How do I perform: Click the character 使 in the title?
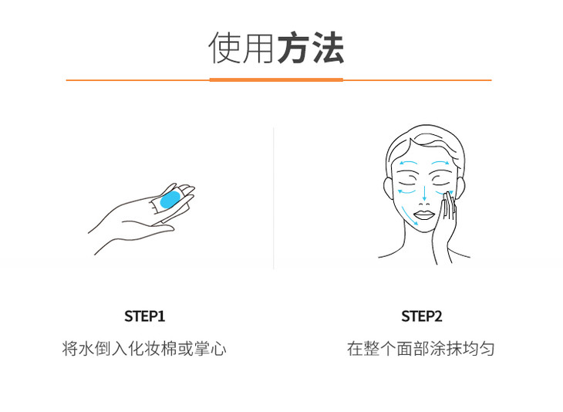pos(225,48)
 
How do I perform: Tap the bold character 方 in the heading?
pos(294,48)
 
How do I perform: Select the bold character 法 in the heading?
pos(328,48)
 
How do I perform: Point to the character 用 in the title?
pos(259,48)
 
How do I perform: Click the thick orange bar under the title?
pos(276,79)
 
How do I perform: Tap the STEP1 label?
pos(145,316)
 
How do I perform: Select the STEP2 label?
pos(422,316)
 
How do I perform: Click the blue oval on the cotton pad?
pos(171,199)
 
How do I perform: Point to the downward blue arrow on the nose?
pos(424,193)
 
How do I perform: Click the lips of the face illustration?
pos(424,215)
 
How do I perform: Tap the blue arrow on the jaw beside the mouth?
pos(410,216)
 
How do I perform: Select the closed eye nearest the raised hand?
pos(441,179)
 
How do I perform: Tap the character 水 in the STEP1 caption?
pos(87,349)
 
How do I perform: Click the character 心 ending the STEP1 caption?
pos(218,349)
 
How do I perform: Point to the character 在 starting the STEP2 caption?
pos(355,349)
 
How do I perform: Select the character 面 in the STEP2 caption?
pos(404,349)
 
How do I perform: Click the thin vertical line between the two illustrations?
pos(274,198)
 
